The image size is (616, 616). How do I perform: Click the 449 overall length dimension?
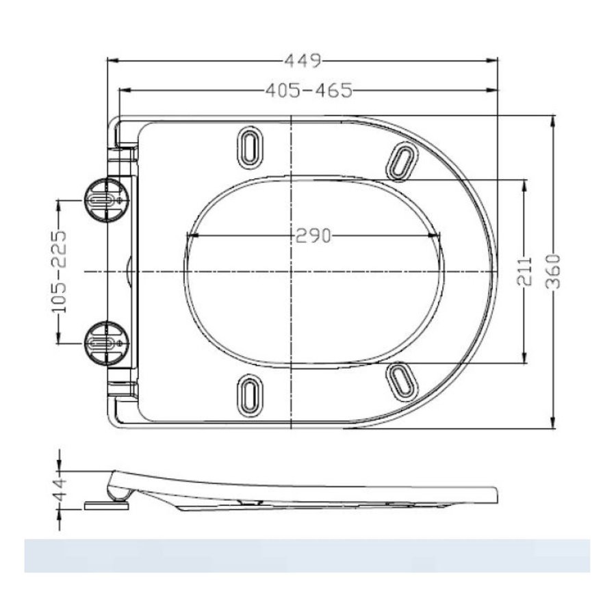(x=302, y=61)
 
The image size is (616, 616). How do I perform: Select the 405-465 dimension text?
(x=309, y=90)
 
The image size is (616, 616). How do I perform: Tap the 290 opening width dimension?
(x=313, y=236)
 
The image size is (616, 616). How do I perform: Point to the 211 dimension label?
(x=524, y=272)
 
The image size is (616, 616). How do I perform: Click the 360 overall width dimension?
(x=553, y=272)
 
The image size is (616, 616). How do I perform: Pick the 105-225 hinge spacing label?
(x=60, y=271)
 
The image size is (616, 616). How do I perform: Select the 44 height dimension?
(x=60, y=490)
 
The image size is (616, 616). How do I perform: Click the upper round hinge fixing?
(x=104, y=199)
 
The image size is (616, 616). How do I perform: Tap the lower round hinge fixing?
(x=104, y=343)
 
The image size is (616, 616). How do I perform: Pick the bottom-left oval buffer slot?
(x=249, y=395)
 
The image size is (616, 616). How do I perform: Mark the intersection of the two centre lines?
(x=292, y=272)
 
